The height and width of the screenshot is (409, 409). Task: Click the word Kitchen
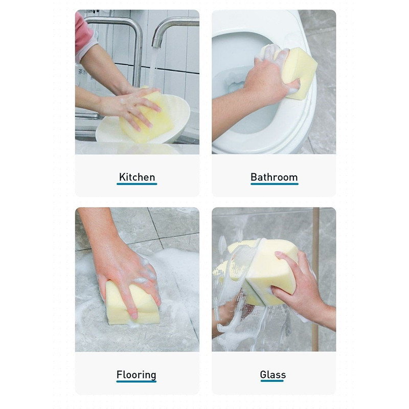point(137,177)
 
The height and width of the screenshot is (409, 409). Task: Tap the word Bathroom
point(274,177)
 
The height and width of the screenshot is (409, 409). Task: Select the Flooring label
point(136,375)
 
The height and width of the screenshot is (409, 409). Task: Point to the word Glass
point(273,375)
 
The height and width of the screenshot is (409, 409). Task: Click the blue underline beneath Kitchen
point(137,184)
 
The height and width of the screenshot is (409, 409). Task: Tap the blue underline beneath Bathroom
point(275,184)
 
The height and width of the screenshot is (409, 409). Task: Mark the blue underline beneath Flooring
point(136,381)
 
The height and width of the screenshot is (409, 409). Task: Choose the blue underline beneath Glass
point(272,381)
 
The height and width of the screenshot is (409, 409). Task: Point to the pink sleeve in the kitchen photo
point(83,36)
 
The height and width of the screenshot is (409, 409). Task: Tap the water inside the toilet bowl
point(235,81)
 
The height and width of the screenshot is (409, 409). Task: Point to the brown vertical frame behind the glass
point(315,279)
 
